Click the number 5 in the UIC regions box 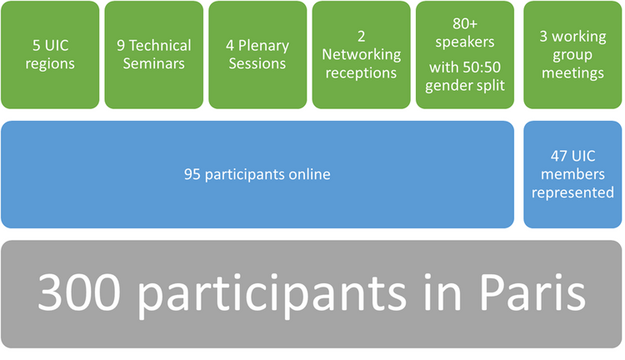[37, 46]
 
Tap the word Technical [160, 46]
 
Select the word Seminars [154, 64]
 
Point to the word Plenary [263, 46]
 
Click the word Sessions [257, 64]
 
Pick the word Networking [362, 55]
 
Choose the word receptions [361, 73]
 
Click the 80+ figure [465, 24]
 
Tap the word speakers [465, 42]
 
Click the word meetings [572, 73]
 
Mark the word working [579, 37]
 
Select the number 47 [559, 156]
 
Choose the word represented [572, 193]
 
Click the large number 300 [79, 292]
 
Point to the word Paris [533, 292]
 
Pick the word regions [50, 64]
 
